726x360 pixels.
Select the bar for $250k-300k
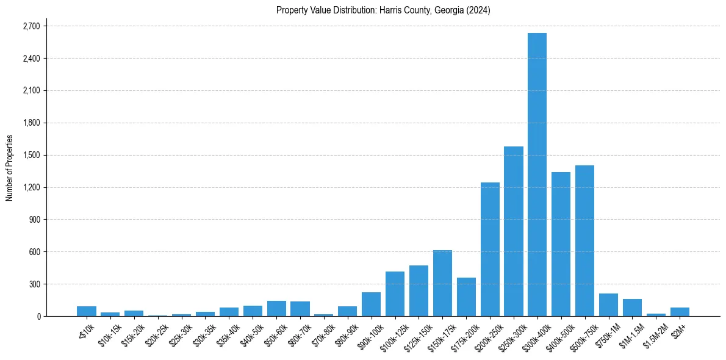pyautogui.click(x=513, y=231)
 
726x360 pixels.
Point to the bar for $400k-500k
pyautogui.click(x=561, y=244)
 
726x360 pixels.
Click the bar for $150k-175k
pyautogui.click(x=442, y=283)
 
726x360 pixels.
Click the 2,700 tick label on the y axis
pyautogui.click(x=31, y=26)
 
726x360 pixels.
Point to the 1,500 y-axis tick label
pyautogui.click(x=31, y=155)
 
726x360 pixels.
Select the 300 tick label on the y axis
pyautogui.click(x=34, y=284)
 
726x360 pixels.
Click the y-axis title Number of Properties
pyautogui.click(x=9, y=168)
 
